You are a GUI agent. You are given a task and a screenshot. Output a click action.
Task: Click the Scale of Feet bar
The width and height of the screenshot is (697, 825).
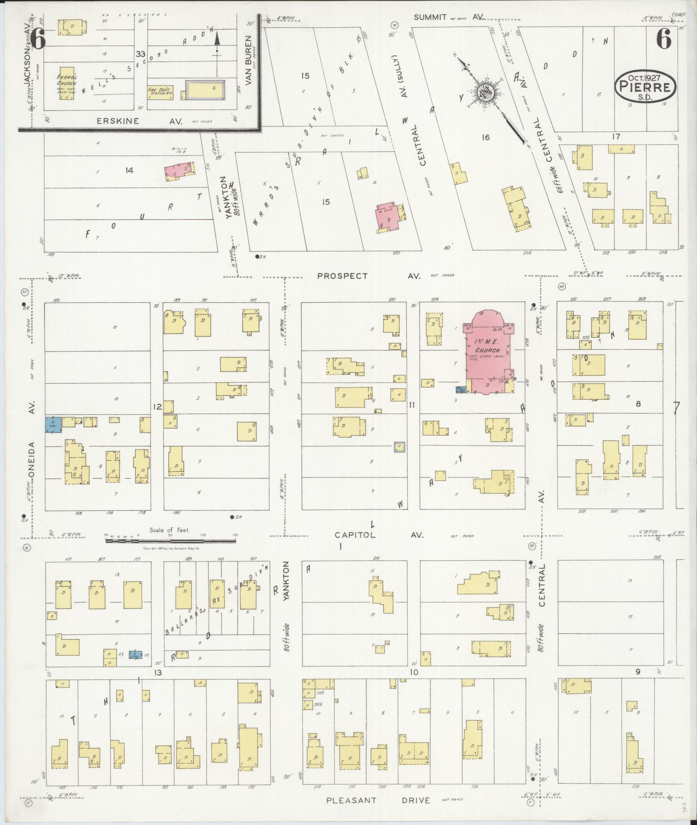170,541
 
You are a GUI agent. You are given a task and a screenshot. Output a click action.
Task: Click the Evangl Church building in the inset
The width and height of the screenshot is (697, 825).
66,83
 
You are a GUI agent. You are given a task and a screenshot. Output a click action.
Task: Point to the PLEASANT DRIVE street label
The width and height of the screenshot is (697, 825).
378,800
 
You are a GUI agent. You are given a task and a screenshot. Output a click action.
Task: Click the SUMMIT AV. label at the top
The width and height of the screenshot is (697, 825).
449,17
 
